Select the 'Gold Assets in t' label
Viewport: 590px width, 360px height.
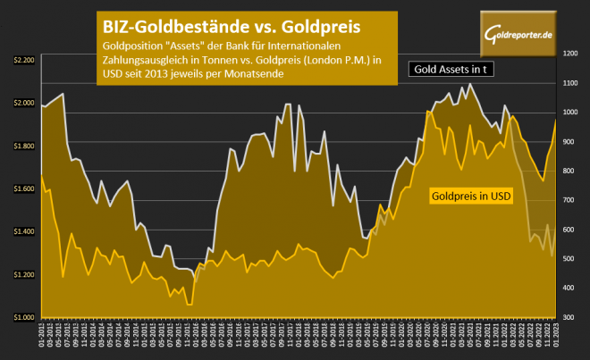click(452, 69)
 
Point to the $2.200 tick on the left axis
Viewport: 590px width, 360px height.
click(24, 60)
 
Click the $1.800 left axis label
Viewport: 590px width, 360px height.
click(24, 146)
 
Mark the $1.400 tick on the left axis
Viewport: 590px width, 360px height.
click(24, 231)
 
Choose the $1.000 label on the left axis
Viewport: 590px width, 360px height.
click(24, 317)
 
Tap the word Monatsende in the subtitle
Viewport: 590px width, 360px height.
click(253, 75)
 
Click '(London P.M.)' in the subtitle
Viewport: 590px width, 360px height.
click(336, 61)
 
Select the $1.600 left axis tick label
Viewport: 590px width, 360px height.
click(24, 188)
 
